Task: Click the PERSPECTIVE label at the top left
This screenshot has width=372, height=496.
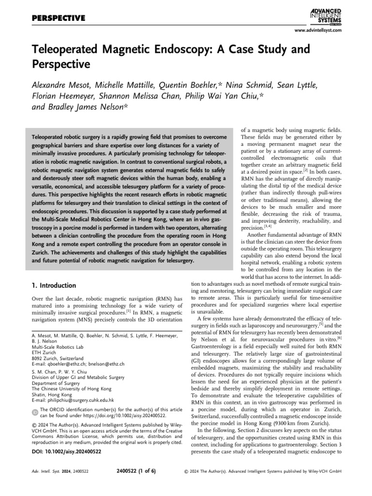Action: tap(58, 18)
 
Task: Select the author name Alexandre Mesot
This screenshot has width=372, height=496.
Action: tap(63, 85)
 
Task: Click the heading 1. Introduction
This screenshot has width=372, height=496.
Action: tap(54, 286)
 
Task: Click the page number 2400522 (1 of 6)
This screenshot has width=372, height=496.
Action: tap(137, 471)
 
